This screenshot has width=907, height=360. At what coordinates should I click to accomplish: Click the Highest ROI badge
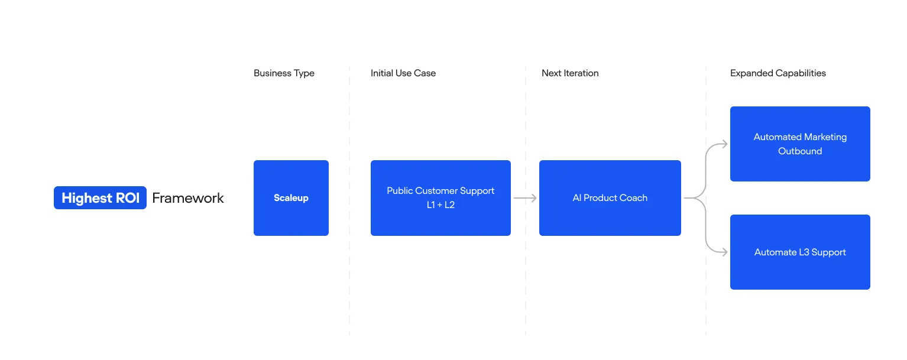pyautogui.click(x=100, y=197)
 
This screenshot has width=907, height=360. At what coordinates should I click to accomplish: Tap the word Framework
pyautogui.click(x=188, y=198)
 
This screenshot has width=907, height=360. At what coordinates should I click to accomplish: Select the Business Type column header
pyautogui.click(x=284, y=73)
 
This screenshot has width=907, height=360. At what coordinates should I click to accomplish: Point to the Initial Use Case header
pyautogui.click(x=403, y=73)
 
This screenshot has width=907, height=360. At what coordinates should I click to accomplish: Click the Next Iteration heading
pyautogui.click(x=570, y=73)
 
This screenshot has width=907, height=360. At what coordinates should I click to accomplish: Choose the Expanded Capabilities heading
pyautogui.click(x=778, y=73)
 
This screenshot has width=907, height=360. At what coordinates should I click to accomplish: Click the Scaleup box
pyautogui.click(x=291, y=198)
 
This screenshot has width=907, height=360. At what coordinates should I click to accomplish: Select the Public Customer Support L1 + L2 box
pyautogui.click(x=440, y=198)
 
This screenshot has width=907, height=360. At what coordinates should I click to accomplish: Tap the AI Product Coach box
pyautogui.click(x=610, y=198)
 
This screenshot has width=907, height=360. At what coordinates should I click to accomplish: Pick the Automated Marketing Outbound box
pyautogui.click(x=800, y=144)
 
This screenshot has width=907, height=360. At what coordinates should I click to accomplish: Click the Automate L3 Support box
pyautogui.click(x=800, y=252)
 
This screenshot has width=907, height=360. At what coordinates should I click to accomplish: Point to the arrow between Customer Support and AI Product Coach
pyautogui.click(x=525, y=198)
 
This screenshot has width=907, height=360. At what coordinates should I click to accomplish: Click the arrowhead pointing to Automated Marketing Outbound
pyautogui.click(x=724, y=144)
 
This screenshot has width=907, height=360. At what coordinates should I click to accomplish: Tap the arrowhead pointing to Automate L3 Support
pyautogui.click(x=724, y=252)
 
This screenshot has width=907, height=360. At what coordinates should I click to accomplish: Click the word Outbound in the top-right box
pyautogui.click(x=800, y=151)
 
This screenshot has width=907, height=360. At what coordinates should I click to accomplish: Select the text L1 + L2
pyautogui.click(x=440, y=205)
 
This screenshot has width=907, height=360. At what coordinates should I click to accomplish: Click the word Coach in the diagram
pyautogui.click(x=634, y=198)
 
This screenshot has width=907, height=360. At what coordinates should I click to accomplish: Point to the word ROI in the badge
pyautogui.click(x=128, y=198)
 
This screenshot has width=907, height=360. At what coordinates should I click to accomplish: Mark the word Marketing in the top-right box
pyautogui.click(x=825, y=137)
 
